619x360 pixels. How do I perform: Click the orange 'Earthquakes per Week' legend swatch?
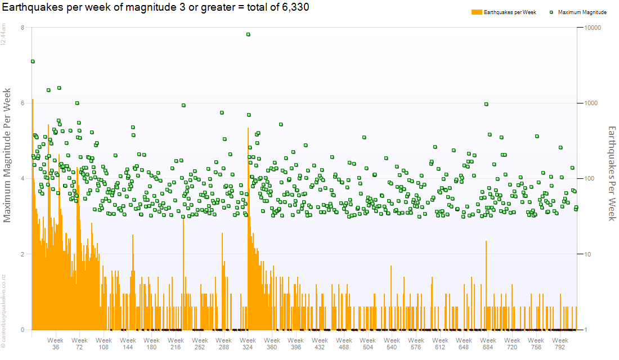click(x=476, y=12)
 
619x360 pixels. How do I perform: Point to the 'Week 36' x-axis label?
click(x=56, y=344)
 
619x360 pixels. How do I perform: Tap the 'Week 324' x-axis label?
click(x=248, y=344)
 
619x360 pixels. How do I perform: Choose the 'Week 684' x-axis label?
click(x=488, y=344)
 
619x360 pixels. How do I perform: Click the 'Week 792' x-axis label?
click(x=560, y=344)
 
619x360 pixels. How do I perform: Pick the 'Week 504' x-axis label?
click(x=368, y=344)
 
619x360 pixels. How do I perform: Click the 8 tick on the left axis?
click(x=22, y=28)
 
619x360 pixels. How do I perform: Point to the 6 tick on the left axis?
click(x=22, y=103)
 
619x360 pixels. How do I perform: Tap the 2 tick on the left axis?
click(x=22, y=254)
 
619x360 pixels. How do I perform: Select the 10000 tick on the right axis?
click(x=594, y=28)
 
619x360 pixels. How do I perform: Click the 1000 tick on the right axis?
click(x=592, y=103)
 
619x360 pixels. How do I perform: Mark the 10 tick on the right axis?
click(x=589, y=254)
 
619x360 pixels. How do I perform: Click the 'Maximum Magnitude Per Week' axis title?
click(x=8, y=155)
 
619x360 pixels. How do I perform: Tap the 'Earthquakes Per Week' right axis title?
click(x=612, y=173)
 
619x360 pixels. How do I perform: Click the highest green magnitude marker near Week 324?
click(x=248, y=34)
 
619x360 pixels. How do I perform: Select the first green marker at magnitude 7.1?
click(x=33, y=61)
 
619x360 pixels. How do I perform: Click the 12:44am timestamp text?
click(x=3, y=36)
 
